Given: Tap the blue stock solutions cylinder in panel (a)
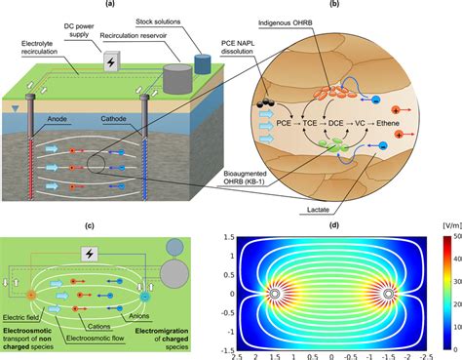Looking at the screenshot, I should point(203,63).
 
